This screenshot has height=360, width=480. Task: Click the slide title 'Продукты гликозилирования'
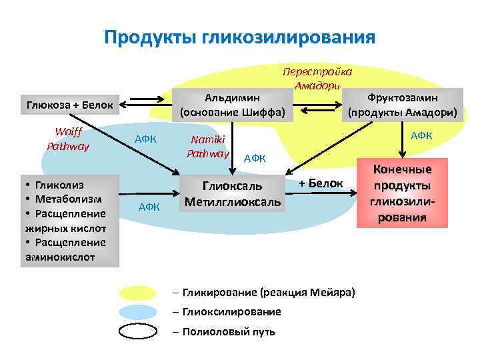point(239,36)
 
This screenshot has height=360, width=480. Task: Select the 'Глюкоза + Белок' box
point(70,105)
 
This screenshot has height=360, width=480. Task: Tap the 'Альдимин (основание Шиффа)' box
point(232,105)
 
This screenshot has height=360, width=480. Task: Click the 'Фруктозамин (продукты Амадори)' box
point(402,105)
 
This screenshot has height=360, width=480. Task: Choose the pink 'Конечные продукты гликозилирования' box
point(402,194)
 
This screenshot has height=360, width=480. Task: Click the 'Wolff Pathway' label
point(67,139)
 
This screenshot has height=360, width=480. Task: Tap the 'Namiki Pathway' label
point(208,146)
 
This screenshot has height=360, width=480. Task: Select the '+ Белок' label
point(321,183)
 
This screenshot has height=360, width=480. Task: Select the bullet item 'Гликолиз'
point(59,186)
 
